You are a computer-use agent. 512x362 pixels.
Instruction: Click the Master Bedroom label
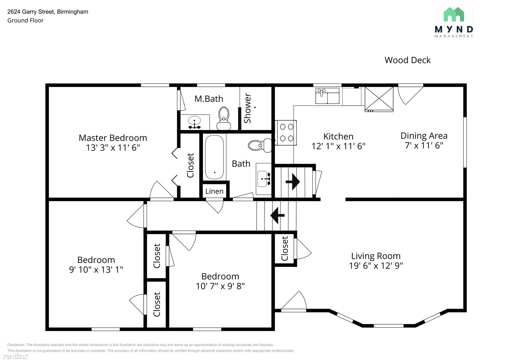pos(113,138)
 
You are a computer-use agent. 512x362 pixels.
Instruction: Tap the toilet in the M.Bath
pos(224,118)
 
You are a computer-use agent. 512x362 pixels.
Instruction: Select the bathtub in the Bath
pos(214,158)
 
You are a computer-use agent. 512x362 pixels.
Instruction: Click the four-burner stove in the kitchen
pos(286,133)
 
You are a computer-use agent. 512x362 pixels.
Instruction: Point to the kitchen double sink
pos(327,96)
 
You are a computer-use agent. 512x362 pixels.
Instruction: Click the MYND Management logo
pos(454,23)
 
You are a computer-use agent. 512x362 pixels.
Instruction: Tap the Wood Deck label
pos(407,60)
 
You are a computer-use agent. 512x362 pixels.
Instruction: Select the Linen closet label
pos(214,191)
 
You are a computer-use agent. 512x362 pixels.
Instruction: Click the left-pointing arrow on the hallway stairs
pos(277,215)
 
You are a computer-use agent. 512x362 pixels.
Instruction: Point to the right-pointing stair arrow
pos(293,182)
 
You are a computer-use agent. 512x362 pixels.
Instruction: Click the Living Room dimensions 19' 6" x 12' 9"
pos(376,266)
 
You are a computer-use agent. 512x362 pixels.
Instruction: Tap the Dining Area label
pos(424,136)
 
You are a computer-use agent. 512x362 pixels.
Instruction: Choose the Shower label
pos(247,108)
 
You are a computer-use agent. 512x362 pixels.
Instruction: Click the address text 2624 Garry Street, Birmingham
pos(48,12)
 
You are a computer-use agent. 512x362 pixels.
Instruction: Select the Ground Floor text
pos(25,20)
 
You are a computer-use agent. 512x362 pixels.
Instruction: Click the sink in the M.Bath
pos(194,122)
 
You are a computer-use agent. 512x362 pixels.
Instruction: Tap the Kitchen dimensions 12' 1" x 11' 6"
pos(339,146)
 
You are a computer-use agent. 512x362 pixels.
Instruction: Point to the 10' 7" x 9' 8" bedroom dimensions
pos(220,286)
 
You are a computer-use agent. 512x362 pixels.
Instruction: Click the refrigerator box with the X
pos(379,99)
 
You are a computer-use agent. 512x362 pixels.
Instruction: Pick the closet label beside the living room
pos(285,248)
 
